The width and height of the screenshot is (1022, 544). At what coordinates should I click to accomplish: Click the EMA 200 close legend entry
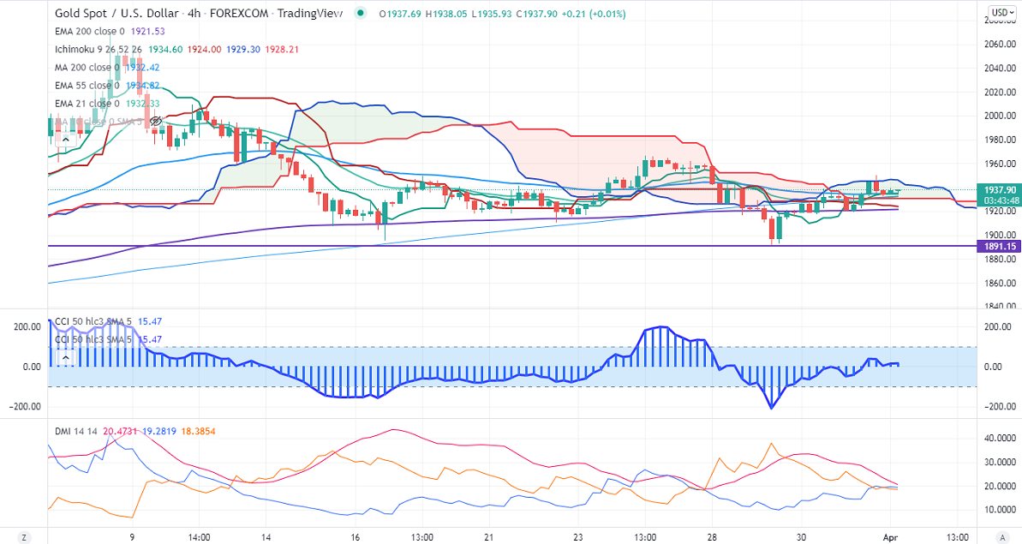[x=88, y=31]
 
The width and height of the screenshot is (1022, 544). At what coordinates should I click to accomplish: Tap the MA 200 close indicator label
[x=83, y=67]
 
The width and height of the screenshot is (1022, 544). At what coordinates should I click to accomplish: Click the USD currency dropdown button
[x=1000, y=13]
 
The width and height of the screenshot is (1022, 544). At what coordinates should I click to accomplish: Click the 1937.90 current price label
[x=1000, y=189]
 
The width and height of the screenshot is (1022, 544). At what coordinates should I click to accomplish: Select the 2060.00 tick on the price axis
[x=999, y=45]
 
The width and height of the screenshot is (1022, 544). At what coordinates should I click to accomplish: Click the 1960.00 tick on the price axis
[x=999, y=164]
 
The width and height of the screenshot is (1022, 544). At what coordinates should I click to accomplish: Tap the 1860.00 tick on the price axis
[x=999, y=283]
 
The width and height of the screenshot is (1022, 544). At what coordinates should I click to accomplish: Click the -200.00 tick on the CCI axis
[x=998, y=406]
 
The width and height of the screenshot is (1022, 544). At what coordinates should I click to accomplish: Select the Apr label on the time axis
[x=890, y=536]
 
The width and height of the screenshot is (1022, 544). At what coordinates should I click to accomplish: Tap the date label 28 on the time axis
[x=711, y=536]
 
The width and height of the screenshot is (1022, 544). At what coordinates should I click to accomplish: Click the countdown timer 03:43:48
[x=1000, y=200]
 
